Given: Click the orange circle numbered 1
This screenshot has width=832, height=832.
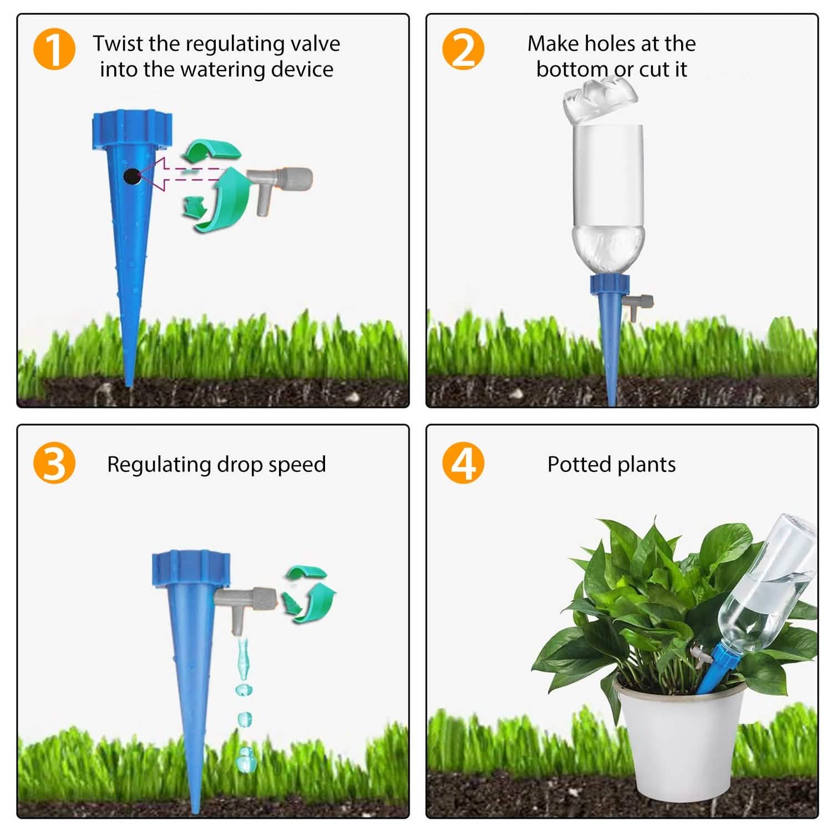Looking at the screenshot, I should pos(54,50).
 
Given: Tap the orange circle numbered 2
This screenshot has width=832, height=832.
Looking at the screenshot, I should pos(463,50).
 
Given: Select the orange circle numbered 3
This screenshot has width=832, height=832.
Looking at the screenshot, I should pos(54,463).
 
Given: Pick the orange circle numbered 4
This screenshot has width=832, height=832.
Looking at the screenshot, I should pos(463,463).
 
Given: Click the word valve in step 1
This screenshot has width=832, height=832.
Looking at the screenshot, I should pos(314,43).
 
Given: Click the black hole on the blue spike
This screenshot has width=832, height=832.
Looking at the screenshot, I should pos(131,176).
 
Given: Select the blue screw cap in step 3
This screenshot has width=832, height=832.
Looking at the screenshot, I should pos(190,569).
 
